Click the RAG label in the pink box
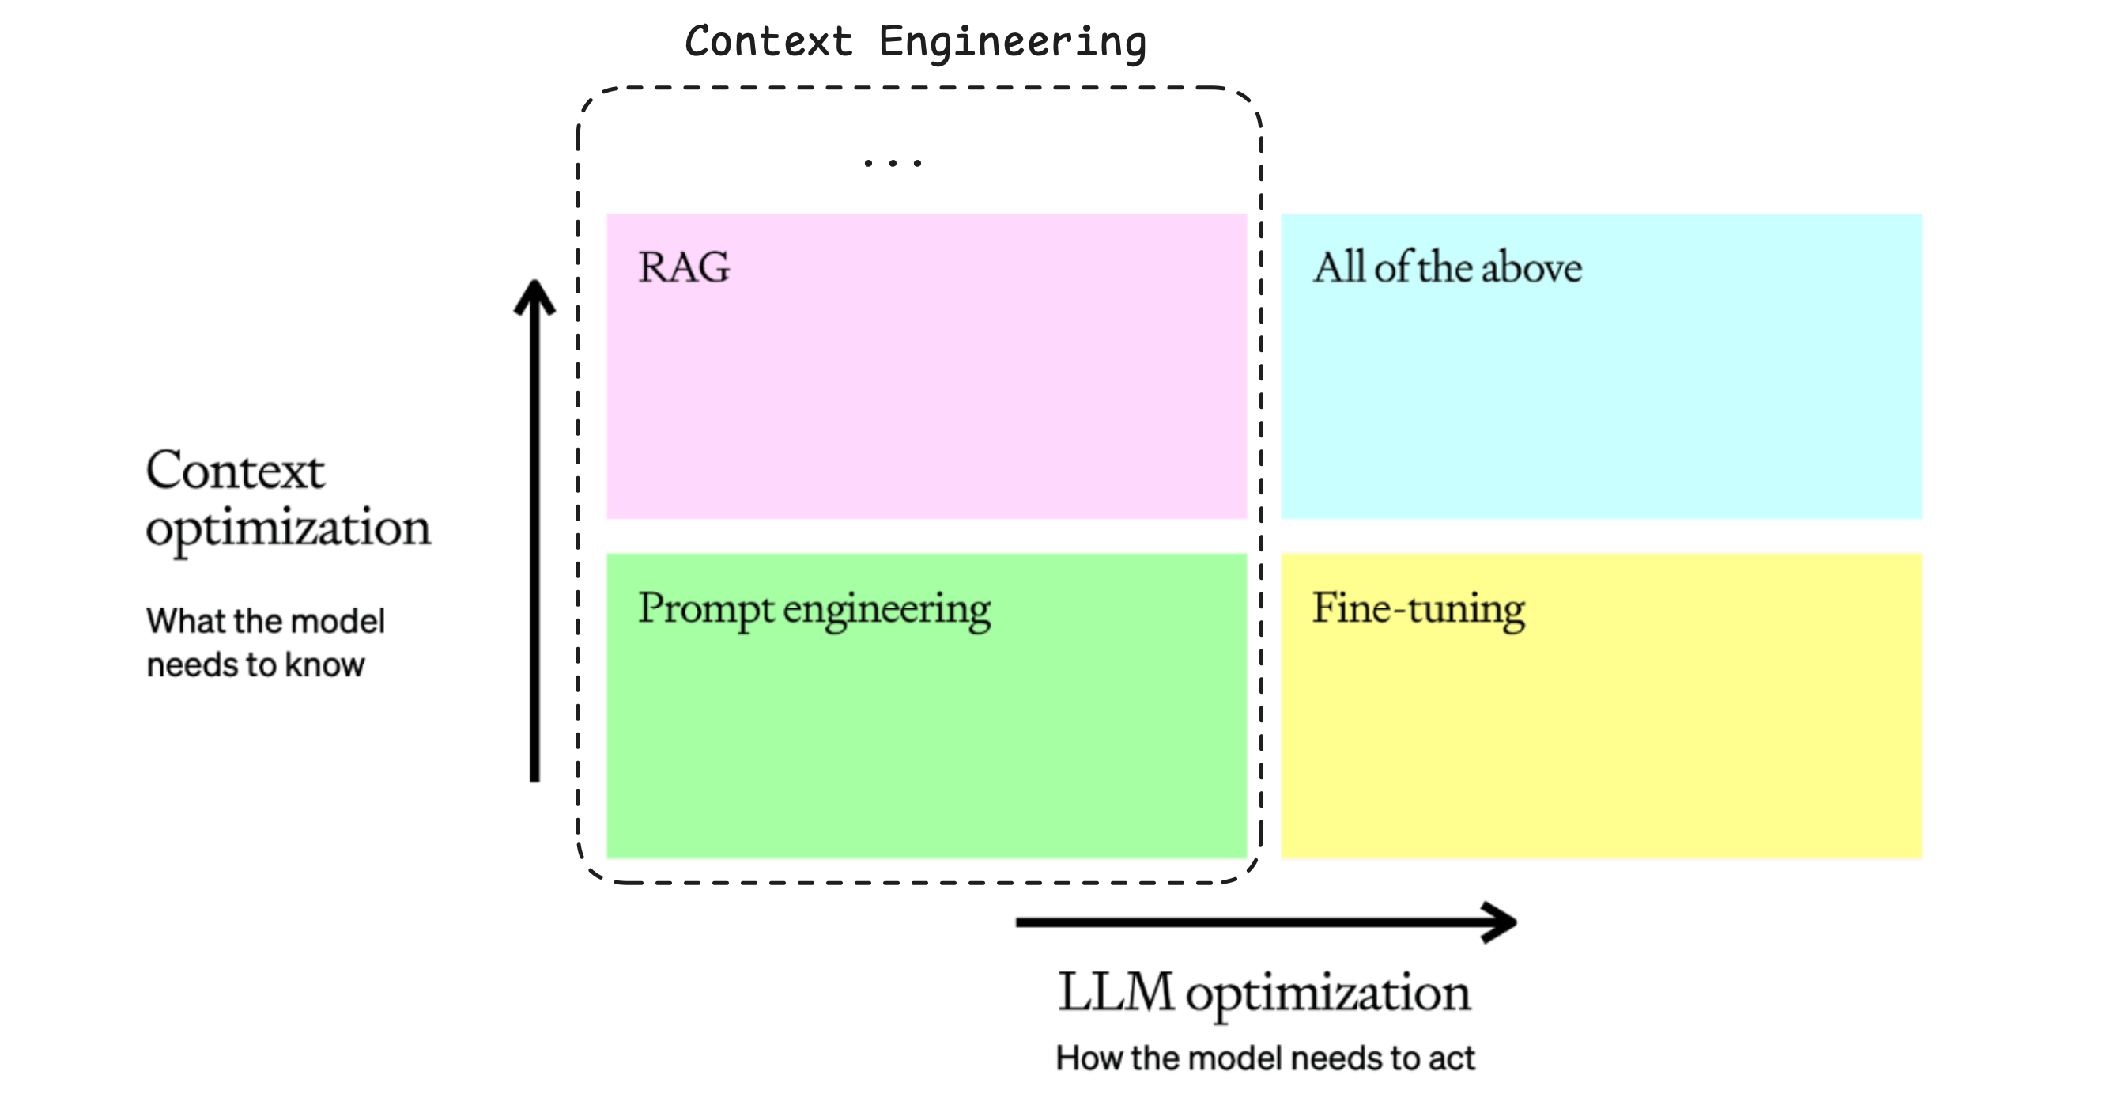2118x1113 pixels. [x=683, y=267]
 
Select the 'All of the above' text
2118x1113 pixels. [x=1446, y=267]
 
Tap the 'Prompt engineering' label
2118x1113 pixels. [x=814, y=610]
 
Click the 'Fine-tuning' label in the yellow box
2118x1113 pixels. [x=1418, y=610]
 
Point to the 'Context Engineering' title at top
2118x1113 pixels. [x=916, y=42]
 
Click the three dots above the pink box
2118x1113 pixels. [x=893, y=163]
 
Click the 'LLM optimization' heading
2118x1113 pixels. [x=1263, y=993]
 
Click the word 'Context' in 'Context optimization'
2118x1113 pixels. [x=235, y=471]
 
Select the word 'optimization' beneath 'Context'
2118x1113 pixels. [x=288, y=528]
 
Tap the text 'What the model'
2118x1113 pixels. [x=265, y=621]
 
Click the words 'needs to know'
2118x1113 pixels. [x=255, y=664]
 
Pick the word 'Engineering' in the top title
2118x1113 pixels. [x=1012, y=42]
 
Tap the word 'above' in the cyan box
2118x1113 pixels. [x=1531, y=267]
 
